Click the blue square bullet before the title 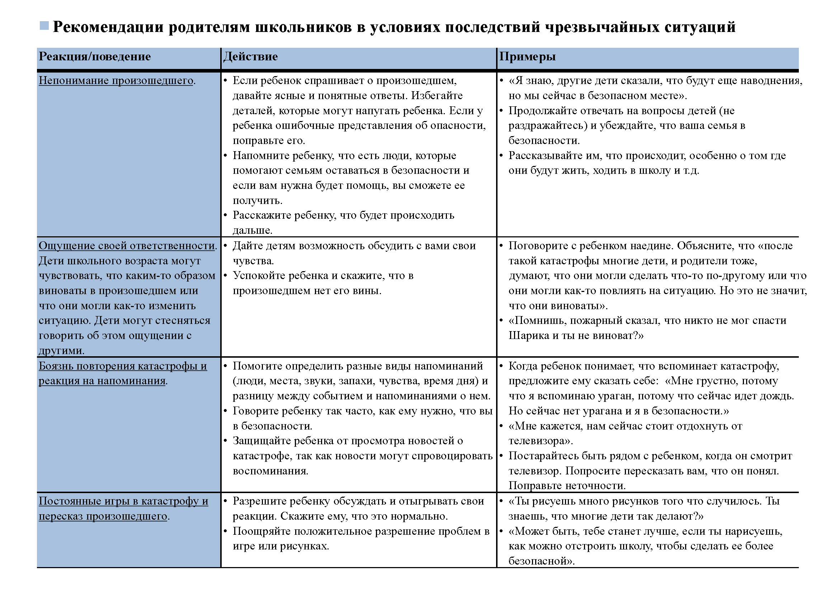tap(44, 26)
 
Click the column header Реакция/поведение tap(95, 57)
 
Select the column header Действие tap(250, 57)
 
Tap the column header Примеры tap(527, 57)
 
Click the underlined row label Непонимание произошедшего tap(116, 80)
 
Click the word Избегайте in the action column tap(437, 96)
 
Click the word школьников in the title tap(303, 27)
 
